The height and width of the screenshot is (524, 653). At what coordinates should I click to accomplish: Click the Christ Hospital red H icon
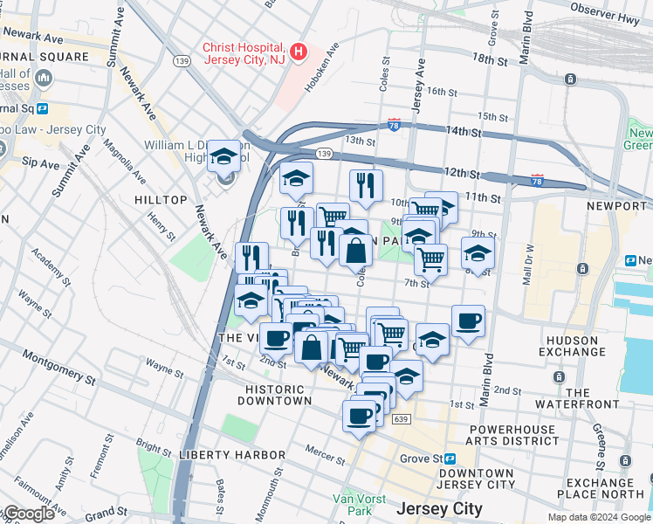pyautogui.click(x=299, y=52)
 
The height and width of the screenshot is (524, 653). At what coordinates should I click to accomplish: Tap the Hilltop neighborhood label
pyautogui.click(x=161, y=200)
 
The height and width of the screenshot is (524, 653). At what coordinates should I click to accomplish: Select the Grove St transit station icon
pyautogui.click(x=450, y=458)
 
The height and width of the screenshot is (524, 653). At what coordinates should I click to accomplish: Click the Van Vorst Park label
pyautogui.click(x=352, y=505)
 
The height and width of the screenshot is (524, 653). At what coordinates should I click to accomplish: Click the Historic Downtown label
pyautogui.click(x=278, y=395)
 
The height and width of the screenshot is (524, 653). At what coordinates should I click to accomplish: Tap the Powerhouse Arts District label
pyautogui.click(x=512, y=435)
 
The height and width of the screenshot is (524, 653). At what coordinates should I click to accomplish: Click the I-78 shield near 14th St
pyautogui.click(x=395, y=126)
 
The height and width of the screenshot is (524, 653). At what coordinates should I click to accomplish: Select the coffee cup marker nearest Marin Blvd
pyautogui.click(x=468, y=321)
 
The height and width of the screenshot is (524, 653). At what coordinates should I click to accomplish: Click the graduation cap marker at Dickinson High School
pyautogui.click(x=223, y=157)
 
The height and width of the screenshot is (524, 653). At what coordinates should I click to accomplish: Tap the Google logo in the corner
pyautogui.click(x=28, y=514)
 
